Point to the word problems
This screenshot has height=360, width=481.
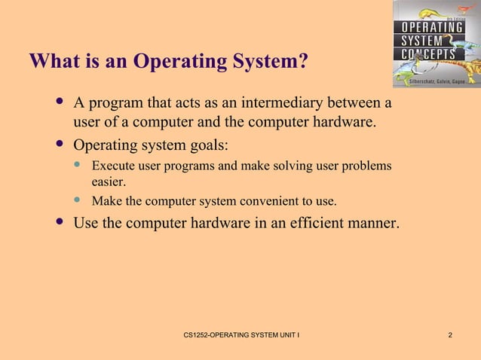pos(364,165)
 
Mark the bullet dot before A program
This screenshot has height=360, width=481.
pos(60,101)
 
